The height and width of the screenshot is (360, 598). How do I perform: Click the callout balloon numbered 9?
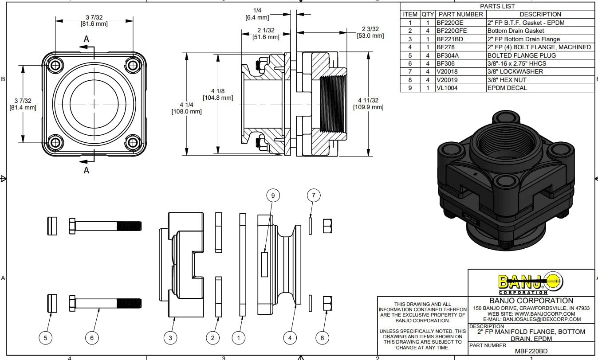click(273, 196)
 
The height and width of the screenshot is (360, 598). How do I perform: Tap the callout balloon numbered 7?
click(313, 196)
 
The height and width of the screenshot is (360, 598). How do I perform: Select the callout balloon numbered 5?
click(45, 338)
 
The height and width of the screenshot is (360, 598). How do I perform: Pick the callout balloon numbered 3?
click(170, 338)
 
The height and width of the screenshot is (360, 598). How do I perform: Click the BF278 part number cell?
click(461, 47)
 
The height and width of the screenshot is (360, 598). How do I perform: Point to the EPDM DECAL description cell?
click(540, 88)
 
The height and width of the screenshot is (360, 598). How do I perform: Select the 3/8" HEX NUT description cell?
click(540, 80)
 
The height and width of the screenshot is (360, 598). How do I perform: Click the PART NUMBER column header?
click(461, 14)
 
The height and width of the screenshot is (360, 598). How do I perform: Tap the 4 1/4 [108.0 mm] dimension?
click(186, 108)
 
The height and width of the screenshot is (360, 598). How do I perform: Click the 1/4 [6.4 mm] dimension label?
click(257, 14)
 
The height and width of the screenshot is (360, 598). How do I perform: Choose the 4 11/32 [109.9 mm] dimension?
click(368, 104)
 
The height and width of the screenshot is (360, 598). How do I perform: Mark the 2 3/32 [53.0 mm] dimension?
click(370, 32)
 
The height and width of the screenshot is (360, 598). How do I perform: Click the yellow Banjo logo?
click(531, 282)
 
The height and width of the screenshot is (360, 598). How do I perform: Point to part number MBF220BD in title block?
click(531, 351)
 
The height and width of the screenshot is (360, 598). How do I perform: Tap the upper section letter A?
click(86, 39)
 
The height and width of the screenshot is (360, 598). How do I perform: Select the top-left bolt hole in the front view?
click(55, 65)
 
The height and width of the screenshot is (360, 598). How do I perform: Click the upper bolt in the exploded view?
click(105, 226)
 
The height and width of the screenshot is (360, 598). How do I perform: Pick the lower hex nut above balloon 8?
click(327, 303)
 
